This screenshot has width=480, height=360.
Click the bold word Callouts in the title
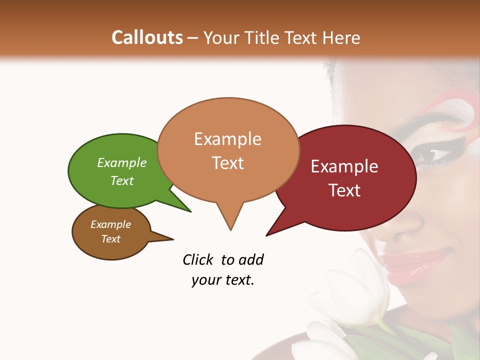[x=147, y=37]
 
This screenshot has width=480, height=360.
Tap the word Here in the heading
[x=341, y=37]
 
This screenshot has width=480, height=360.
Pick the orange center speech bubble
[x=228, y=150]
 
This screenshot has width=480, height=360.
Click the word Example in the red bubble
[x=344, y=166]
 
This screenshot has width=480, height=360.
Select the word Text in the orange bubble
[x=228, y=163]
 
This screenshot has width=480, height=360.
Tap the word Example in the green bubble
[x=122, y=163]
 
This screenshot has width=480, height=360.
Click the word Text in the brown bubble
[x=111, y=239]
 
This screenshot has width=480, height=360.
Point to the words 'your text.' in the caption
[x=223, y=280]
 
